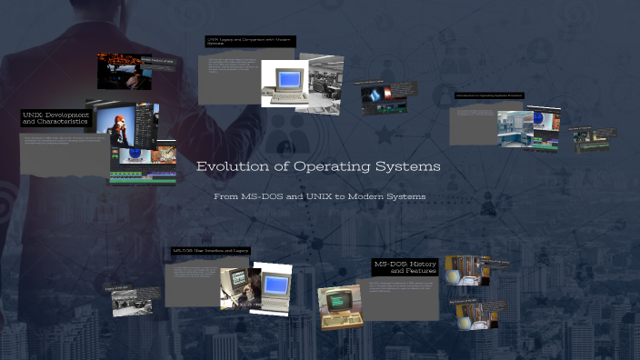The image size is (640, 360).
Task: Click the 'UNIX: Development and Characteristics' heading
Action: point(55,118)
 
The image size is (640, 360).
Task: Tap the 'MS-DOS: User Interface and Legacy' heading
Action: point(211,251)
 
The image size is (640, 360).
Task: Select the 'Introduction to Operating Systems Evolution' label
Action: point(489,95)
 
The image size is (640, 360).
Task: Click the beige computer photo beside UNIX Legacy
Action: point(283,84)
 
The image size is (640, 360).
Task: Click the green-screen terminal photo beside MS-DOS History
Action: point(339,306)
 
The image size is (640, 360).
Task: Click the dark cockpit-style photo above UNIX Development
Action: point(124,71)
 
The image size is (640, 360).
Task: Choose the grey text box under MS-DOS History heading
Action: point(401,300)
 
